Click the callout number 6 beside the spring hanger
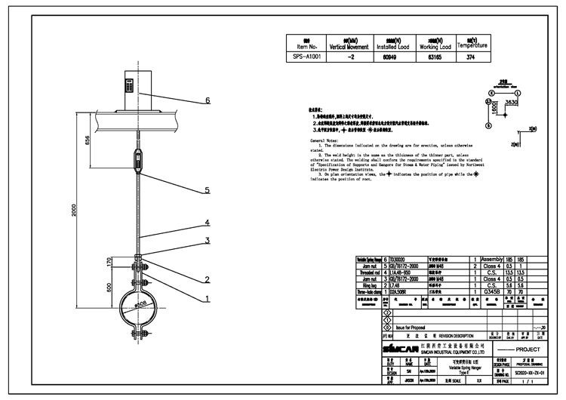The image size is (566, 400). tap(207, 100)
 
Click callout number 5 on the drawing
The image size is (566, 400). tap(207, 190)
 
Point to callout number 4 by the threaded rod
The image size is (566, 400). tap(206, 223)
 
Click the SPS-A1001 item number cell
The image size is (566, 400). tap(306, 57)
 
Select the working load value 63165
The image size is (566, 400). tap(429, 57)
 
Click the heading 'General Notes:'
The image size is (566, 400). tap(327, 141)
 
